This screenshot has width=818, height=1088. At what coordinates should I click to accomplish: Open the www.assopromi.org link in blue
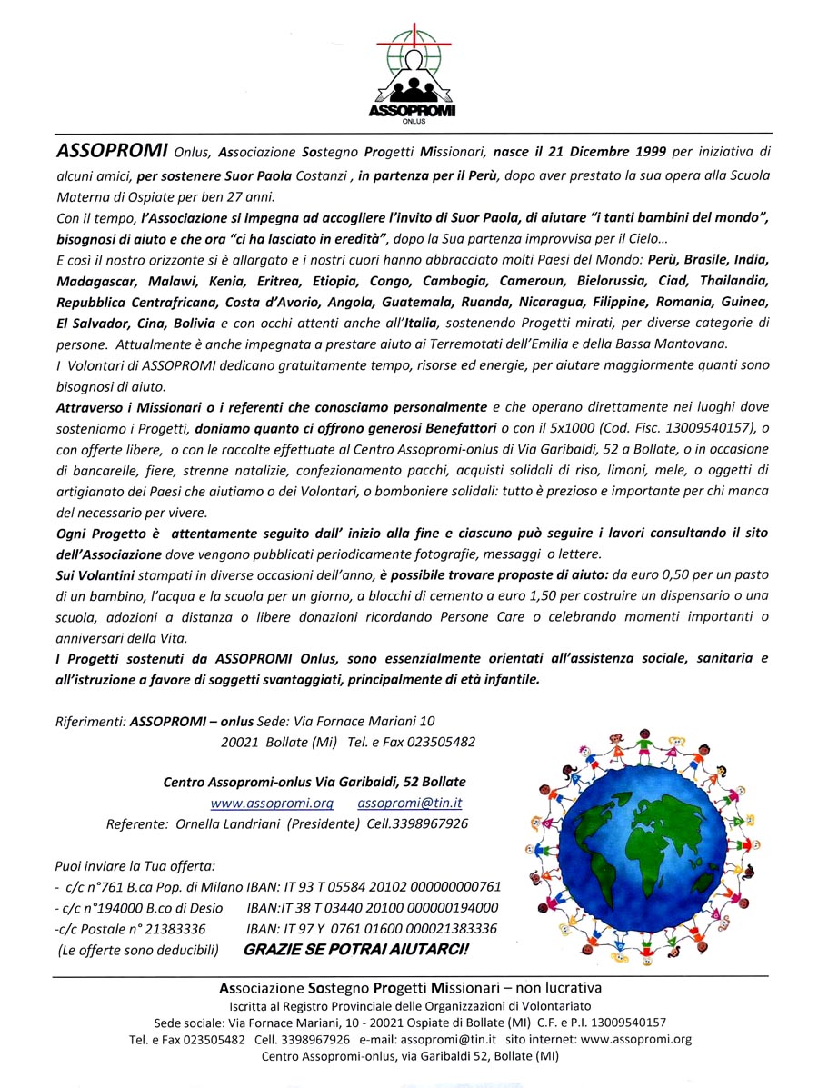pos(272,804)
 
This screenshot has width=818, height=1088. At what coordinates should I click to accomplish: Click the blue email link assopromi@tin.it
pos(410,804)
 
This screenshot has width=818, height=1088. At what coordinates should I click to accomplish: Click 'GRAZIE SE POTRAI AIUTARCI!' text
pos(356,951)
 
